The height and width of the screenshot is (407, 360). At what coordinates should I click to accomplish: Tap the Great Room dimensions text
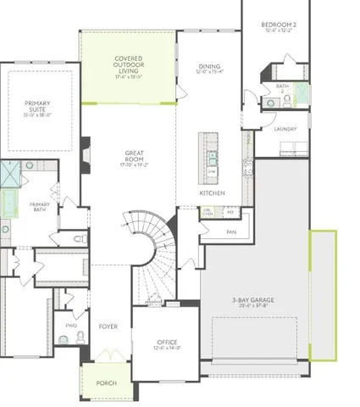coord(132,164)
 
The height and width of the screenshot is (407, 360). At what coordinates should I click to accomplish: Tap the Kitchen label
coord(211,192)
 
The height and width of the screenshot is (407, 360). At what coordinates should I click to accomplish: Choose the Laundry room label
coord(285,129)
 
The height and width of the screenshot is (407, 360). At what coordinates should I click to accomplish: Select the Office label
coord(167,342)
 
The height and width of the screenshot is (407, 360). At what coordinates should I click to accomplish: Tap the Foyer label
coord(108,323)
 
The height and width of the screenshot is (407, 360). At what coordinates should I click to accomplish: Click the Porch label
coord(107,382)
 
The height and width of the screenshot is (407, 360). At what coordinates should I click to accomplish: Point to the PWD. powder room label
coord(70,324)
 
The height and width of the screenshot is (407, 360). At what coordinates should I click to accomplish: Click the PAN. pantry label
coord(230,231)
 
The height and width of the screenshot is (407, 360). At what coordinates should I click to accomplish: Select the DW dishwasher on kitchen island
coord(211,171)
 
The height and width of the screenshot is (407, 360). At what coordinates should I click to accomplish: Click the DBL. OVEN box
coord(207,213)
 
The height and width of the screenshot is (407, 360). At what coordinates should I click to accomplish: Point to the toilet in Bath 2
coord(286,101)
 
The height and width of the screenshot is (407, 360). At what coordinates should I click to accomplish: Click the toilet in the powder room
coord(80,338)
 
